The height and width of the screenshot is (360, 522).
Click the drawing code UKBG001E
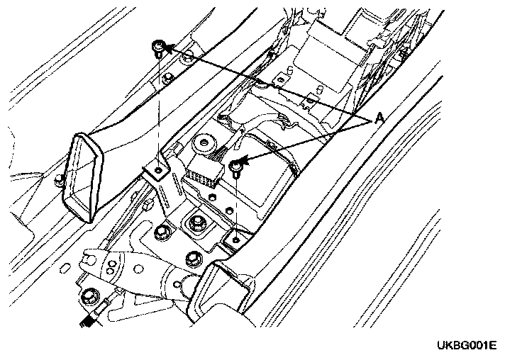pos(466,345)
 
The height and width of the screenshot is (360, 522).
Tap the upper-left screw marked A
pos(158,48)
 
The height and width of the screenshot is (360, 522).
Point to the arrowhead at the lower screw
pos(245,162)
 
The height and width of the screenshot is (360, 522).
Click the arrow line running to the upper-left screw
pos(270,85)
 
